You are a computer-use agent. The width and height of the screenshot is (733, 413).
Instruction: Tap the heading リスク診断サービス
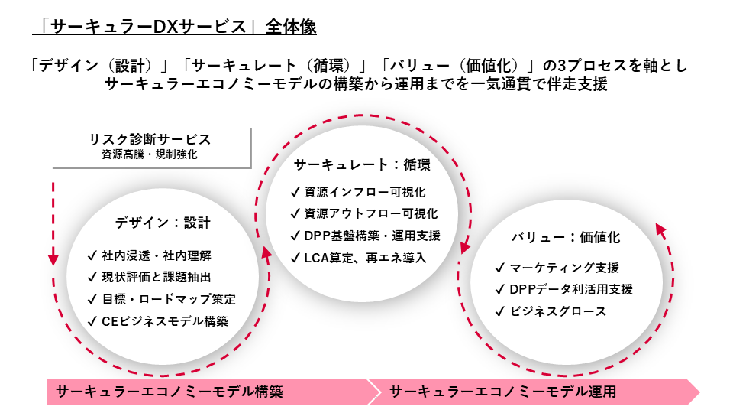150,140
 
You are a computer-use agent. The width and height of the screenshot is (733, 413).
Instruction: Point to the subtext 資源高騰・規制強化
150,154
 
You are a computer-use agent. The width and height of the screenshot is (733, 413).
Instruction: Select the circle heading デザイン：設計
163,223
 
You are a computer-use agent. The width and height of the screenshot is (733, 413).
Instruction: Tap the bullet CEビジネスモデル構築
165,321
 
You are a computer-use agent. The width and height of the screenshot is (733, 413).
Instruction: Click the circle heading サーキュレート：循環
362,164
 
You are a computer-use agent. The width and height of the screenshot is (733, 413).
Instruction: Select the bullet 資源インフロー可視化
364,192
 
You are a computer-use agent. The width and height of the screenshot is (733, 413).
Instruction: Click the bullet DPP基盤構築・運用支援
373,236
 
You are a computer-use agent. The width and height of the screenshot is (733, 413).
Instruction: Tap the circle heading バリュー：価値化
566,237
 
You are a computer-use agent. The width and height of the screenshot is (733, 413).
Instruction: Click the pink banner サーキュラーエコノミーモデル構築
170,392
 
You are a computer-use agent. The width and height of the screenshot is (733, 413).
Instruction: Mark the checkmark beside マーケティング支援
500,268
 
